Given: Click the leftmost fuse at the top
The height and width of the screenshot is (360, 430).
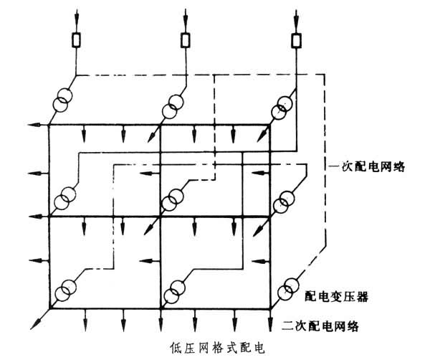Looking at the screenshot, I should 77,39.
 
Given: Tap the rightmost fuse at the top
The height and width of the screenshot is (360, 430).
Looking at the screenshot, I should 295,39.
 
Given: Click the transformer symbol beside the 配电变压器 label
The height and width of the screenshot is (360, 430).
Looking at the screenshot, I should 289,288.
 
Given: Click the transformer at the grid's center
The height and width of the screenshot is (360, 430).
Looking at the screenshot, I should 171,200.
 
